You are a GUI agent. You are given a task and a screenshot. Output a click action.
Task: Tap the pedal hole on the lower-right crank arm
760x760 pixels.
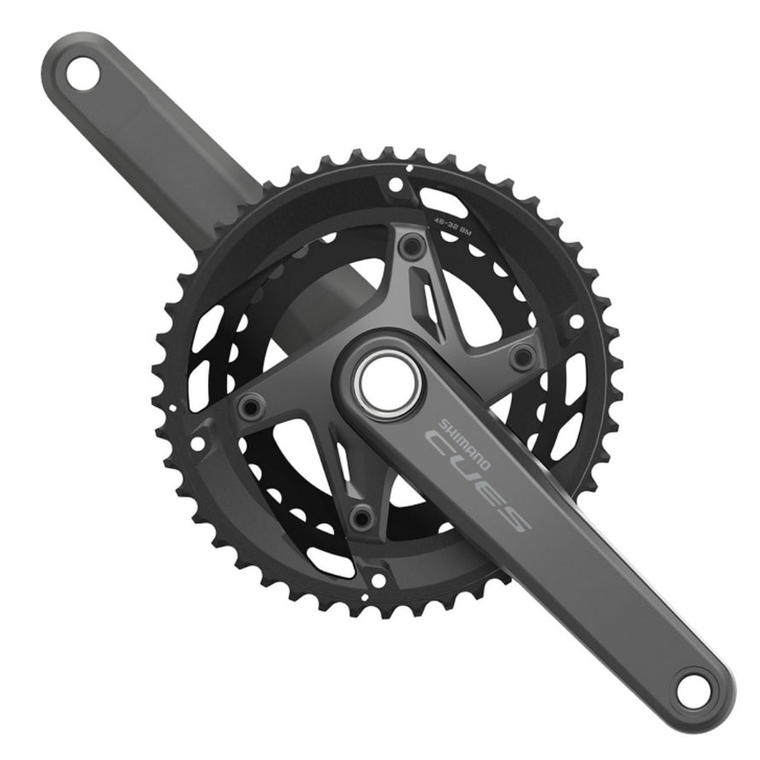pos(694,688)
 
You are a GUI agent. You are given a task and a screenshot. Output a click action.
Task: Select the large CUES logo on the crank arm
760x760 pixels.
pos(479,479)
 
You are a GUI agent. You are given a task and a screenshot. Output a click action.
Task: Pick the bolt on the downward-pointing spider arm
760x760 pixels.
pos(362,515)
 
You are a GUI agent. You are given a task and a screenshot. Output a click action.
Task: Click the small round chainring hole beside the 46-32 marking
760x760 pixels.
pos(395,183)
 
